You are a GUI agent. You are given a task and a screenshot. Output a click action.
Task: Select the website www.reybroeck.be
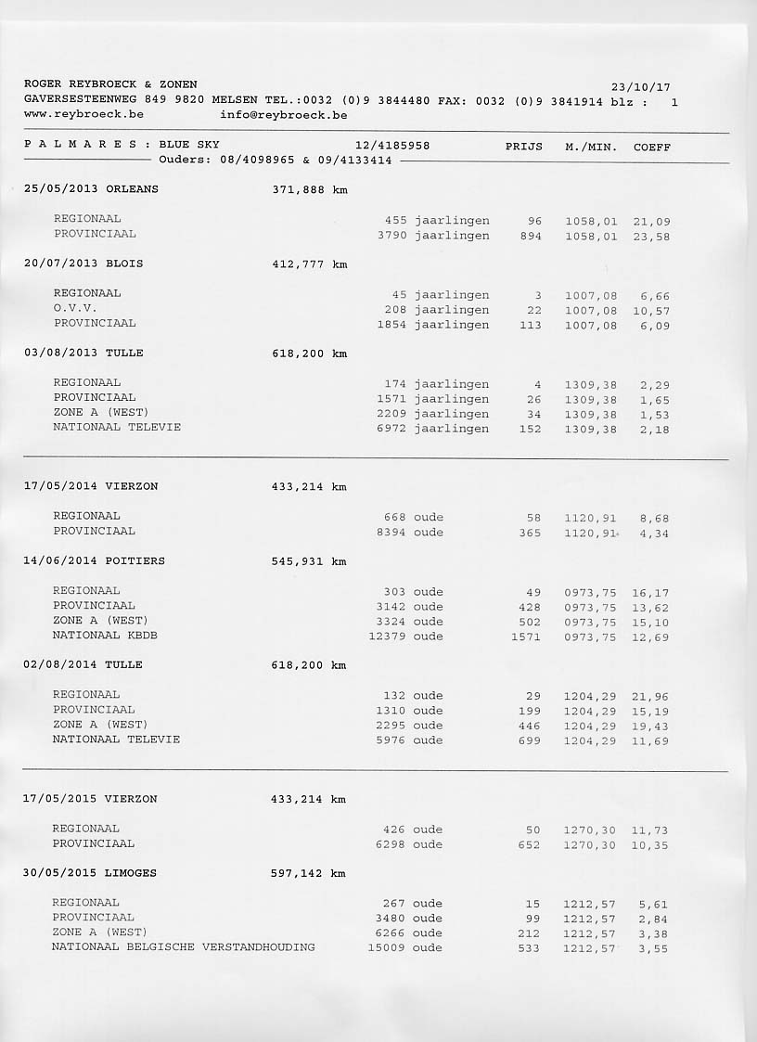click(83, 115)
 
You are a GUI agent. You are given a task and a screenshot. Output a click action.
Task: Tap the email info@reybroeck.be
click(284, 115)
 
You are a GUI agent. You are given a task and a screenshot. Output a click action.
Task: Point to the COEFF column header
click(651, 147)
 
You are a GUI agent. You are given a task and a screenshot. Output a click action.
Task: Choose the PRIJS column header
click(524, 147)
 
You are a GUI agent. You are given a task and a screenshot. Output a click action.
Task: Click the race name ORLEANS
click(133, 189)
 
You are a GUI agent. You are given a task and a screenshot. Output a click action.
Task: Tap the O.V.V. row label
click(75, 308)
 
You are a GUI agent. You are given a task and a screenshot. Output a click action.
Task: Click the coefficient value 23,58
click(651, 237)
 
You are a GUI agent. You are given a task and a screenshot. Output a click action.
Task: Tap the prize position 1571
click(525, 637)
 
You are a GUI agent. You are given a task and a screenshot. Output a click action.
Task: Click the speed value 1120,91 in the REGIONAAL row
click(590, 518)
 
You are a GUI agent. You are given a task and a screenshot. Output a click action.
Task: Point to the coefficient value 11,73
click(649, 830)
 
